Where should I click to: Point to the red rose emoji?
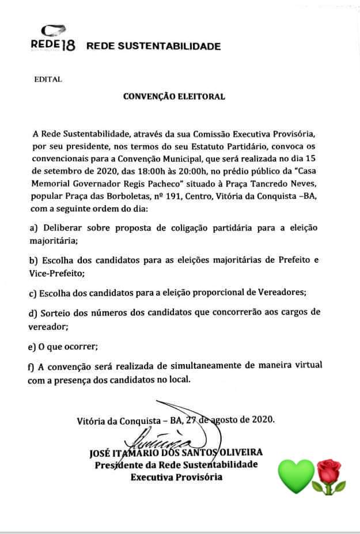click(x=329, y=476)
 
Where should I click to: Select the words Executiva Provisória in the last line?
click(x=176, y=477)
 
